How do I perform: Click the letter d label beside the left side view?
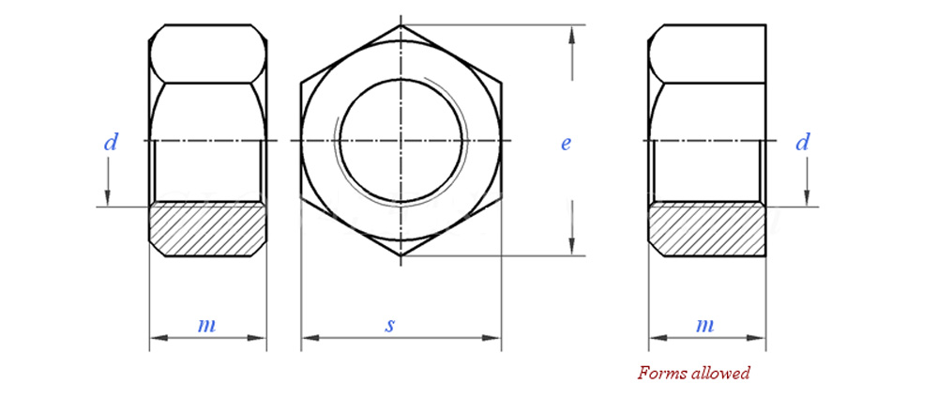pyautogui.click(x=111, y=143)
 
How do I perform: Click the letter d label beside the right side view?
pyautogui.click(x=802, y=143)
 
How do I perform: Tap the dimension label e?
pyautogui.click(x=566, y=144)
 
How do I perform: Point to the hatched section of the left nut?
pyautogui.click(x=207, y=229)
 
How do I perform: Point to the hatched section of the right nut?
pyautogui.click(x=707, y=229)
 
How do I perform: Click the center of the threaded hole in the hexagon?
pyautogui.click(x=401, y=141)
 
